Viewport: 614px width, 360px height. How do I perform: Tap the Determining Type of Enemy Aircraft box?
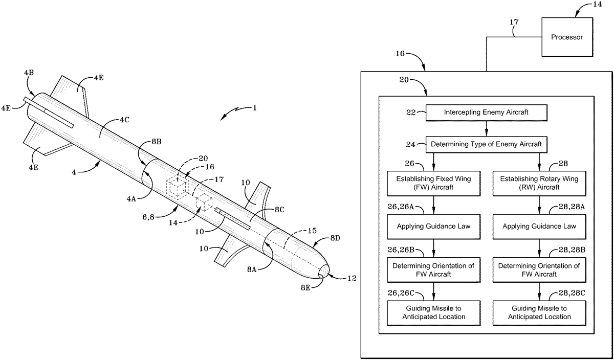click(x=487, y=145)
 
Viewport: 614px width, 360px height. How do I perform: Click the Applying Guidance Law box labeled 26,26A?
click(x=434, y=226)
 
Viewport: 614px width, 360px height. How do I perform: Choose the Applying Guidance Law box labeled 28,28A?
click(x=540, y=226)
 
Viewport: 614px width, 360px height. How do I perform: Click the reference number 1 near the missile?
click(x=254, y=108)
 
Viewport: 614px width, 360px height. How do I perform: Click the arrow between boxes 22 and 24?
click(x=487, y=129)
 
